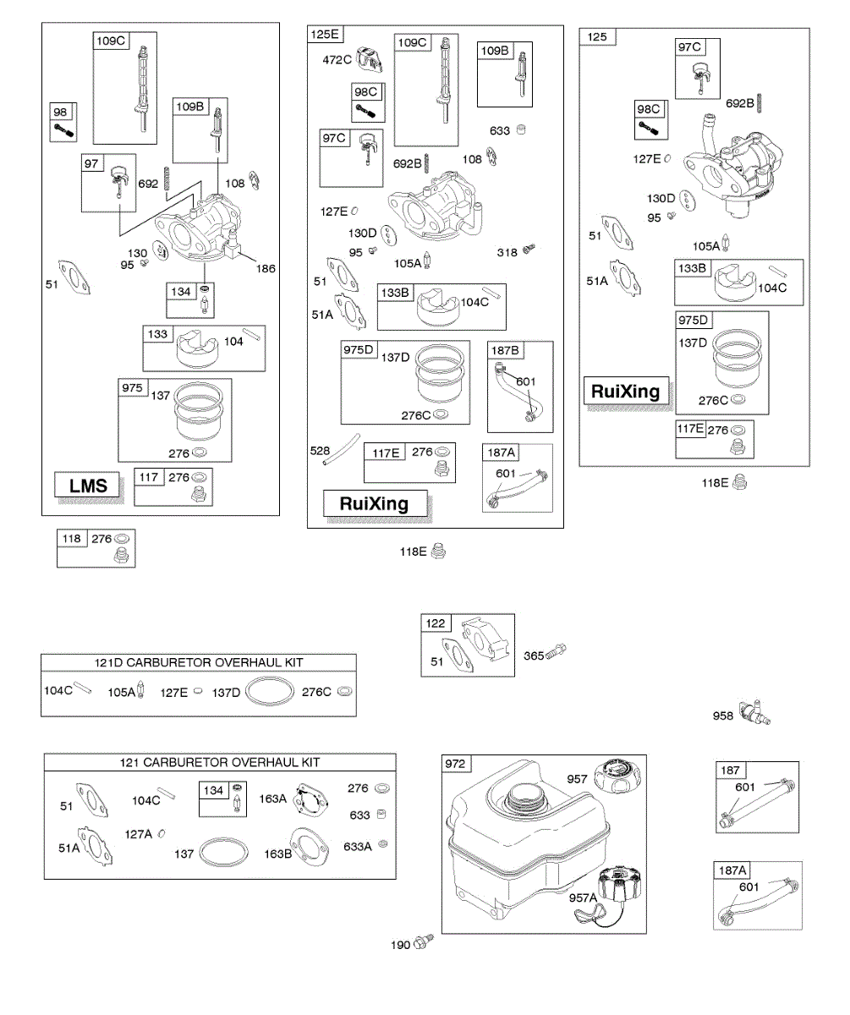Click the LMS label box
(87, 486)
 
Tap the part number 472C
(337, 60)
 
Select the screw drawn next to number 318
(529, 249)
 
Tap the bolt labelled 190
(424, 941)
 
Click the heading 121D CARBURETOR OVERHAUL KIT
(199, 662)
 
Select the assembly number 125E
(325, 35)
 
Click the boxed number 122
(436, 623)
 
